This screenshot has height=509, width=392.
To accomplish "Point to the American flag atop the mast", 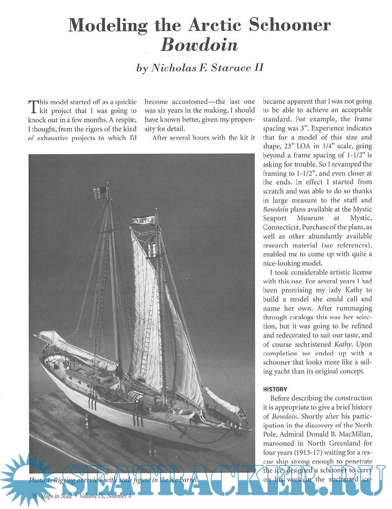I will (x=101, y=192).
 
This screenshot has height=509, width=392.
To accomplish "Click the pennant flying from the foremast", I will (x=143, y=220).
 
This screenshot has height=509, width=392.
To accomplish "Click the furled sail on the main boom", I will (x=70, y=345).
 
